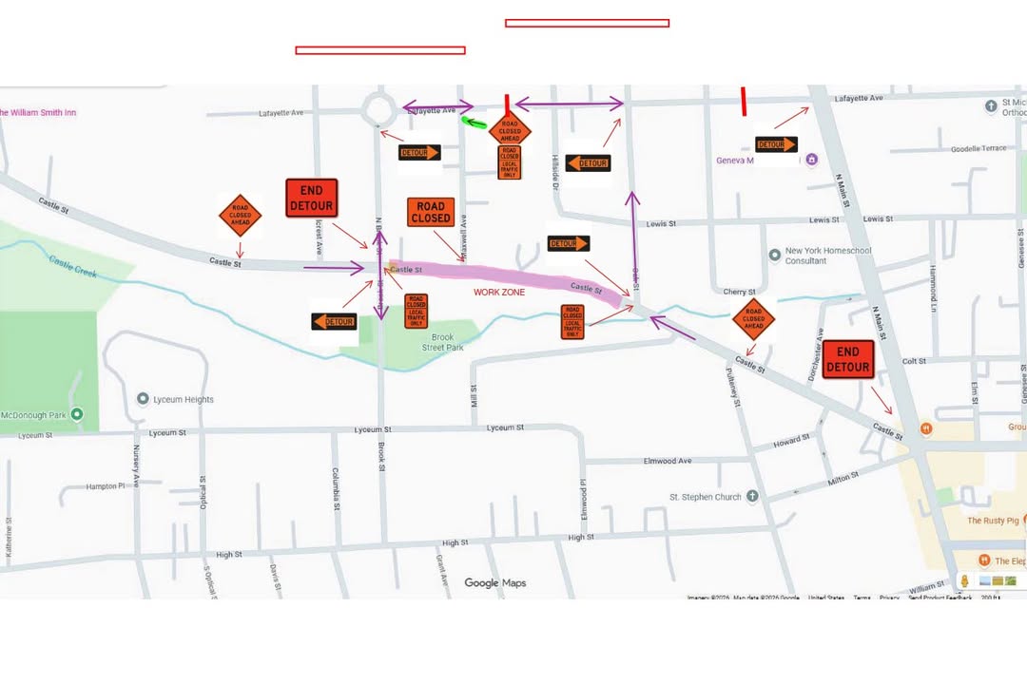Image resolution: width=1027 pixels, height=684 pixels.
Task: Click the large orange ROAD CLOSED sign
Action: click(x=431, y=212)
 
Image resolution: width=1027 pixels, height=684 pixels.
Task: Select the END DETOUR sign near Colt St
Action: click(x=847, y=360)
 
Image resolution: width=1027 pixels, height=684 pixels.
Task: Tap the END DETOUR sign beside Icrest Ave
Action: click(x=311, y=198)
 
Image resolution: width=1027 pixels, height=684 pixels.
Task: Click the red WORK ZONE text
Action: click(x=499, y=293)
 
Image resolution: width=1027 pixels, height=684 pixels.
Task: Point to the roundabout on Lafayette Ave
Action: click(x=379, y=108)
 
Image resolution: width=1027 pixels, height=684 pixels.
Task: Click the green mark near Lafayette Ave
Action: click(x=474, y=122)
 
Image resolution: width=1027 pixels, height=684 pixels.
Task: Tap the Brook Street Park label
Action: click(x=442, y=342)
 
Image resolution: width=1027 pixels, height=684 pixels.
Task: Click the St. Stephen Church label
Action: click(x=705, y=497)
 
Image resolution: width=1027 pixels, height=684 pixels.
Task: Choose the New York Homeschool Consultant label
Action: click(x=827, y=256)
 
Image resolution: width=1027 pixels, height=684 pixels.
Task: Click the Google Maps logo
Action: click(x=494, y=583)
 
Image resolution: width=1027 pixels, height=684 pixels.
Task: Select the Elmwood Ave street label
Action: click(x=668, y=461)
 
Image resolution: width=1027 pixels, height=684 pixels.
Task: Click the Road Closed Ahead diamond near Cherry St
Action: click(x=753, y=319)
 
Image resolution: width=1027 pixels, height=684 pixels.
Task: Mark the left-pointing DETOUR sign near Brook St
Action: click(x=334, y=322)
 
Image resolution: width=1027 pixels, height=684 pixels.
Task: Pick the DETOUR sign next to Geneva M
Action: click(x=776, y=144)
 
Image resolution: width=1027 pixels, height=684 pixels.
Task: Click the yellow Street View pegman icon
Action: click(x=964, y=580)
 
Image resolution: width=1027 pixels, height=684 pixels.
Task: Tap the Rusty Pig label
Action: click(x=993, y=521)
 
